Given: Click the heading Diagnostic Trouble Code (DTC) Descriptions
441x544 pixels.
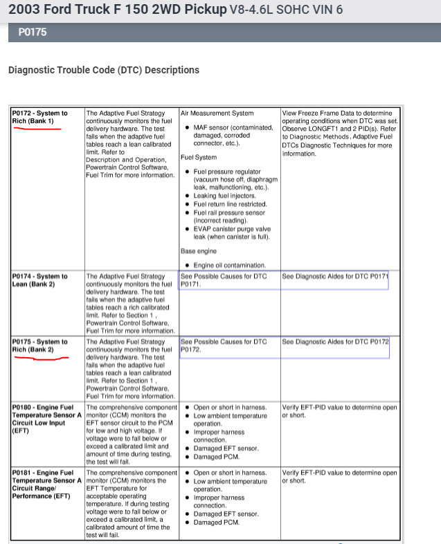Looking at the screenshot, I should pos(103,70).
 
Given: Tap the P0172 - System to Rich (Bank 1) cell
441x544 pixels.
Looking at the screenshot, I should pos(40,117).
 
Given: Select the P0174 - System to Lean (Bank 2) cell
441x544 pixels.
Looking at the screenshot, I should pos(40,280).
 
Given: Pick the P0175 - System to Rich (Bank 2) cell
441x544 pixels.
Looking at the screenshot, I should pos(40,346).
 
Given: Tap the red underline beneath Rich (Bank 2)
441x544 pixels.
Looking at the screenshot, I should pos(42,359).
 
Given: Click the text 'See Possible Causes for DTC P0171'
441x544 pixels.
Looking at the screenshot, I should pos(223,280).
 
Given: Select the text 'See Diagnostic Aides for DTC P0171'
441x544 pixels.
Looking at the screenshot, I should pos(335,276).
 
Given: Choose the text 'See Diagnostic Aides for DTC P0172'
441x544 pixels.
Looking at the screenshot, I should pos(335,342).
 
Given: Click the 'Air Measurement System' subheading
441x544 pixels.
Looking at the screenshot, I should pos(217,113).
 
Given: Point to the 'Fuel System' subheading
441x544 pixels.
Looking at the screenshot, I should pos(199,157).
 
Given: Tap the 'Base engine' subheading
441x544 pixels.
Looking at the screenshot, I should pos(198,251).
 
